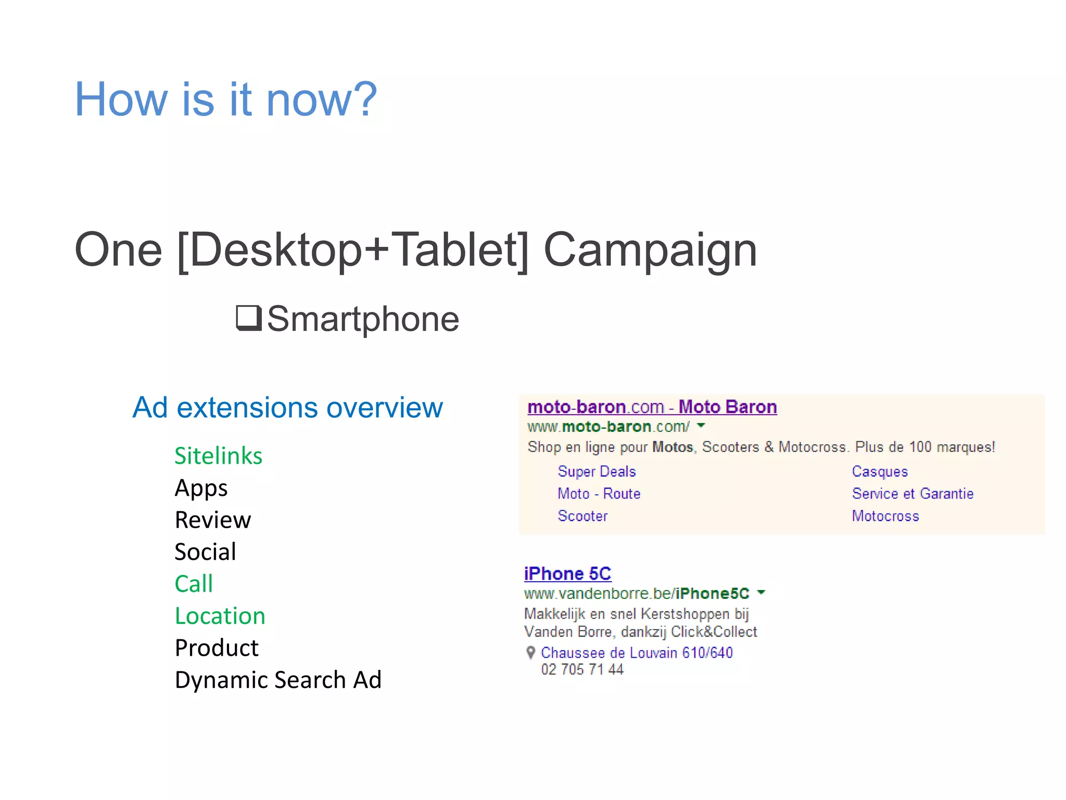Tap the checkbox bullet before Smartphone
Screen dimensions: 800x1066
tap(248, 318)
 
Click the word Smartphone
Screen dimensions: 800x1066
tap(363, 319)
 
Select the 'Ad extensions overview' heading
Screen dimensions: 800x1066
tap(287, 407)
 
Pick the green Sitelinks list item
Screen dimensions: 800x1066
tap(218, 456)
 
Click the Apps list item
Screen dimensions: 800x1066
tap(201, 488)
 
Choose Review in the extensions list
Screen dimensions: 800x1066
tap(213, 520)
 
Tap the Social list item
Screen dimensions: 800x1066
tap(205, 552)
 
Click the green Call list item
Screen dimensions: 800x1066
tap(194, 583)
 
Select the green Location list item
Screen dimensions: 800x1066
tap(220, 616)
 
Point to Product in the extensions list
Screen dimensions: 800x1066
tap(217, 648)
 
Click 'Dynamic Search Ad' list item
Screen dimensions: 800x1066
tap(278, 680)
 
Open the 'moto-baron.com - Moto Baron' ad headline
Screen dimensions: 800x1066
tap(652, 407)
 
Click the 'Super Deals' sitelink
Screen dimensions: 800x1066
tap(597, 471)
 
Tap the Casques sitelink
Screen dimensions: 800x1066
tap(880, 471)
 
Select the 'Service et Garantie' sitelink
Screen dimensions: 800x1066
tap(912, 494)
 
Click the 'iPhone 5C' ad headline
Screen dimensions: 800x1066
tap(567, 573)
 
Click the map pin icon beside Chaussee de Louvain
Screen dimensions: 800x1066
tap(530, 653)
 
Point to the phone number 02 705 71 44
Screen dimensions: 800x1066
tap(582, 669)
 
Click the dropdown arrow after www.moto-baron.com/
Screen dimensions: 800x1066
tap(701, 426)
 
